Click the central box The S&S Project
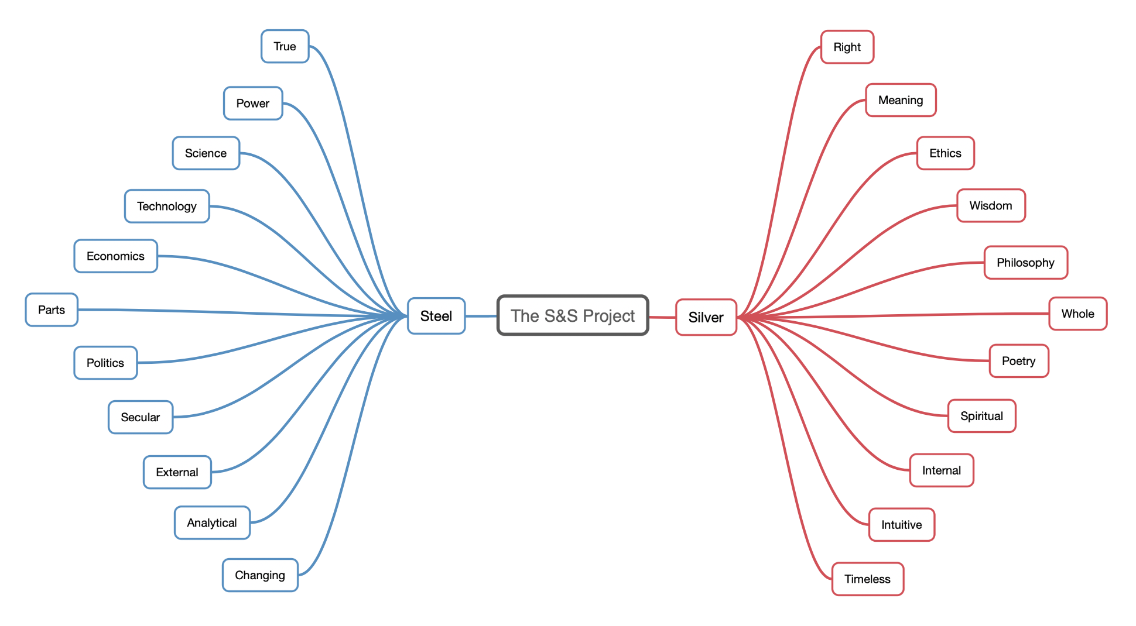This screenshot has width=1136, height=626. point(573,315)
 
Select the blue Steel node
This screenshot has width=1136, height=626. point(436,316)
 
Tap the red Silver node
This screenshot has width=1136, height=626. point(706,317)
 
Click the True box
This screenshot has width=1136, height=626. point(285,46)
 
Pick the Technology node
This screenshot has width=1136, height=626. point(167,206)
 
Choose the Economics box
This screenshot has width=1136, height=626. point(115,256)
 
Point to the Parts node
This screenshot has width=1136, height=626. point(52,309)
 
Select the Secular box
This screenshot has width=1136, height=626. point(141,417)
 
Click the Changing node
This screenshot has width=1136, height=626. point(260,575)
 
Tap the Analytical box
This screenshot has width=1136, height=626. point(212,522)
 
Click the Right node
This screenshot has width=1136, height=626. point(847,47)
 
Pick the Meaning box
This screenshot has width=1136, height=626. point(901,100)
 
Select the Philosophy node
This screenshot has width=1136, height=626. point(1025,263)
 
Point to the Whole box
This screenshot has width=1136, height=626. point(1077,314)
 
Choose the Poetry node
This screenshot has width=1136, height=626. point(1018,361)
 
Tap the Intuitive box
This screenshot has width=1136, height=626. point(901,525)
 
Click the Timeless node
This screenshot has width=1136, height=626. point(867,579)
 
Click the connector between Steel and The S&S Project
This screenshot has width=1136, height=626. point(481,316)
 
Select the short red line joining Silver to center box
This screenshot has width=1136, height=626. point(662,317)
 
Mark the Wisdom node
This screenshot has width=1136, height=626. point(991,205)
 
